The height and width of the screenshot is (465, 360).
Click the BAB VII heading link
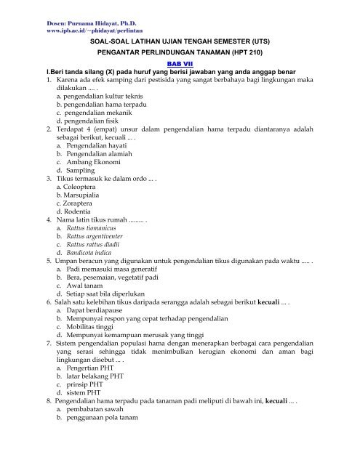coord(179,64)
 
